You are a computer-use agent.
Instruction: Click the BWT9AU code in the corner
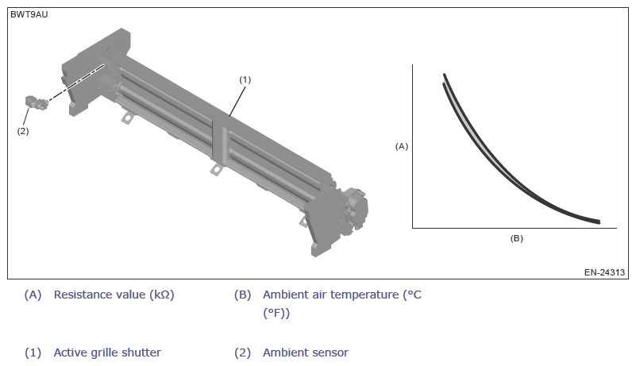29,14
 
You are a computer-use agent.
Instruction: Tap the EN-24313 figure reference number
604,272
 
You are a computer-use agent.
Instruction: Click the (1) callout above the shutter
245,80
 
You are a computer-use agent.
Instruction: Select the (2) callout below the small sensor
23,131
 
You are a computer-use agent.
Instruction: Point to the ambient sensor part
36,102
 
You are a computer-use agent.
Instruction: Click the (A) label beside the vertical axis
402,147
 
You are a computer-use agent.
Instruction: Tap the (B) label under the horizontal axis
516,238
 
